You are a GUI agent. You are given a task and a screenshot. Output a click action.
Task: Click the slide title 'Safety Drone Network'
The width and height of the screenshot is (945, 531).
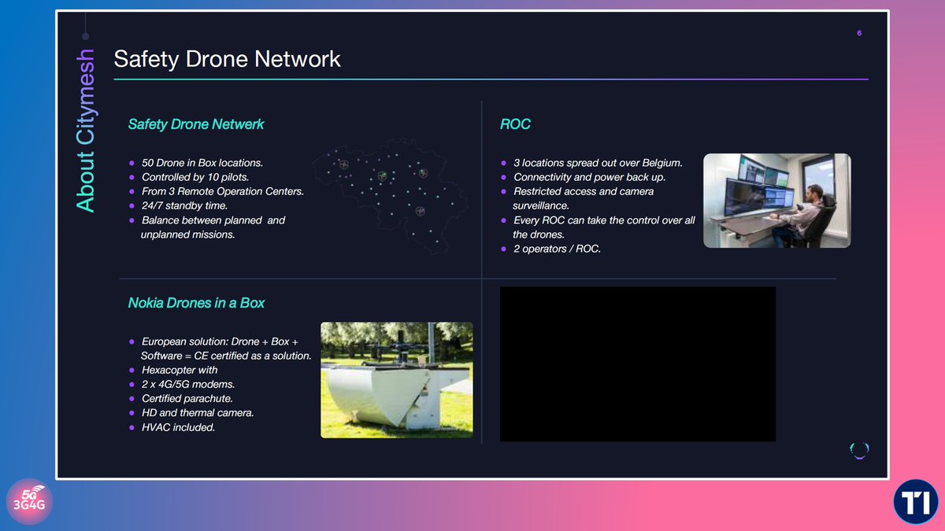coord(227,58)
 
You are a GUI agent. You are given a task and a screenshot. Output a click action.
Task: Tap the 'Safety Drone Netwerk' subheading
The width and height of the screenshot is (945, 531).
coord(195,124)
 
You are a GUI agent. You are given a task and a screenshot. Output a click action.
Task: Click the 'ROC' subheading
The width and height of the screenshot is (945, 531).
coord(515,124)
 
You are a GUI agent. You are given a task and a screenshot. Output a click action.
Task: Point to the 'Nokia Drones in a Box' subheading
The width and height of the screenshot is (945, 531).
coord(196,303)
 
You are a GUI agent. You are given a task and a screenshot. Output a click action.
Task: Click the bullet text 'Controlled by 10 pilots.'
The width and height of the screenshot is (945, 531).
coord(202,177)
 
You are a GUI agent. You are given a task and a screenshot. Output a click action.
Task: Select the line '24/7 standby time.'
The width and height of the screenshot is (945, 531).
coord(184,205)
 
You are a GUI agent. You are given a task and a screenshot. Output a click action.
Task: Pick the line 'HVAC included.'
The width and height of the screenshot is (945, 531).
coord(178,427)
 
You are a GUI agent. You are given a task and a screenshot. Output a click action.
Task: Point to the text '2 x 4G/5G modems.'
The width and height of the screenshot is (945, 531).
coord(188,385)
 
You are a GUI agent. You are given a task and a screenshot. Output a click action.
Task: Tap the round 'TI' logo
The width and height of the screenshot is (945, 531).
coord(915,501)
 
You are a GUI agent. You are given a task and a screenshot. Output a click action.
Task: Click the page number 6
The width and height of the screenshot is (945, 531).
coord(859,33)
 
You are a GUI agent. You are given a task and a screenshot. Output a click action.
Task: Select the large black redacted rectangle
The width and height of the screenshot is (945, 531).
coord(637,363)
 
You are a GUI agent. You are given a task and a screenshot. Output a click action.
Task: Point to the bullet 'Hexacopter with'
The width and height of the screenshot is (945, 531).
coord(180,371)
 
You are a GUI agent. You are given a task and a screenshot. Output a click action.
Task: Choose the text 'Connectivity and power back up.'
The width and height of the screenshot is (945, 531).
coord(591,177)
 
